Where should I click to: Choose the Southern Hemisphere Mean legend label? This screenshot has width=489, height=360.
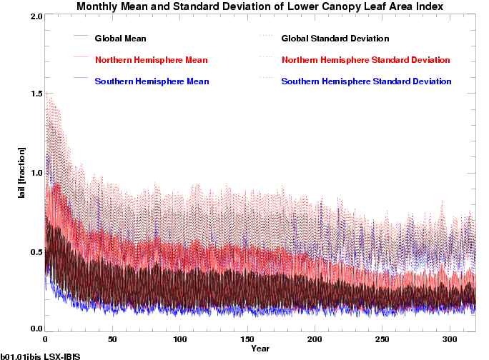152,81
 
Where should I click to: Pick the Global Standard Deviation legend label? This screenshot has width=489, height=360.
335,38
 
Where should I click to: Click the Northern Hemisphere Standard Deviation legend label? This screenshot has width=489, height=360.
365,59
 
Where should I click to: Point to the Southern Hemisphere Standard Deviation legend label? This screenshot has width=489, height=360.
367,81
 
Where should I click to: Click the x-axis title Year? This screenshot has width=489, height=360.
260,349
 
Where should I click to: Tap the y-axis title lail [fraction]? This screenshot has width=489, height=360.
22,172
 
